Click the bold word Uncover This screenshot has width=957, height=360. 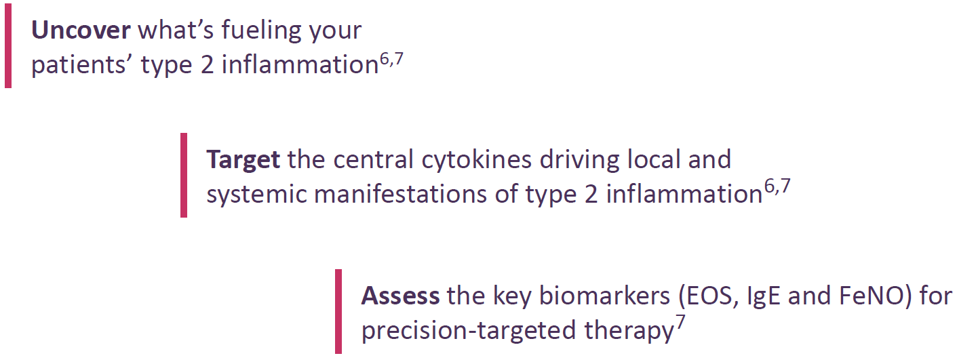[81, 31]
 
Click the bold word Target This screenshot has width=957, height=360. [243, 159]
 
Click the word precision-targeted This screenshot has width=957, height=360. [468, 332]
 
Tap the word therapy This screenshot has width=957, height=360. [628, 332]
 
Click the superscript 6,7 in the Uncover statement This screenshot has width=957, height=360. [391, 58]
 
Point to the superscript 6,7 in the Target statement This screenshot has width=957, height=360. [777, 187]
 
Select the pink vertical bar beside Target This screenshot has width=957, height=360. [184, 176]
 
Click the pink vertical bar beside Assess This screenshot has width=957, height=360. [338, 311]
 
